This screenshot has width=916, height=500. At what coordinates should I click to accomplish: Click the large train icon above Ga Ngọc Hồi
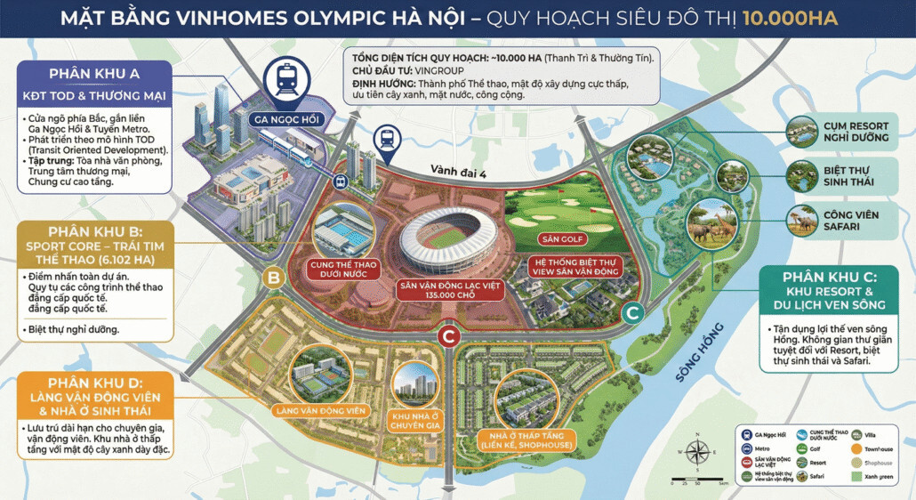tap(288, 78)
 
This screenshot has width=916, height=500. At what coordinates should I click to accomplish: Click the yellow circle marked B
tap(275, 278)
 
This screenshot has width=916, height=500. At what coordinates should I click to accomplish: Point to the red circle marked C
tap(449, 336)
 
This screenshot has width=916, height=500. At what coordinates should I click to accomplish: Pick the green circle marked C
tap(631, 312)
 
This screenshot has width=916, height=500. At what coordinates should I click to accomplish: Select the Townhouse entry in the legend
tap(876, 449)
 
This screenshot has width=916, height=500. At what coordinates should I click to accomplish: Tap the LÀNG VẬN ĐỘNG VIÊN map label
tap(320, 410)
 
